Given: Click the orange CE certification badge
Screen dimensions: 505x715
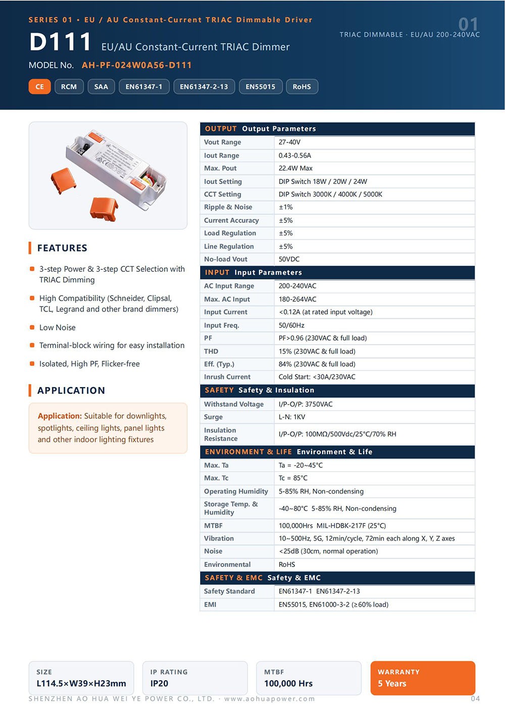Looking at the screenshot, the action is tap(39, 86).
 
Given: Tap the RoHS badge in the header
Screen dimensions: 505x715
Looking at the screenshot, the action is tap(302, 86).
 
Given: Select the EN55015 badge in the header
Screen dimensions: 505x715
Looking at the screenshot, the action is tap(260, 86).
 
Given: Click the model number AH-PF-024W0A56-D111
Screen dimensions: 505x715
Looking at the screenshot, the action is tap(136, 65).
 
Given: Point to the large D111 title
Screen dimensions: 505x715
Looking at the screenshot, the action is tap(60, 41).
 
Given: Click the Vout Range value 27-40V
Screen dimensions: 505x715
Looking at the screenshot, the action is tap(289, 142).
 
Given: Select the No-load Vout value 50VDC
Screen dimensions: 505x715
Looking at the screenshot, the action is tap(289, 259).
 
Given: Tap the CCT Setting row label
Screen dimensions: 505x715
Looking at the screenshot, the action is tap(222, 194).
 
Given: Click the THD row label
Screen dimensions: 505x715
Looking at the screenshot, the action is tap(211, 351).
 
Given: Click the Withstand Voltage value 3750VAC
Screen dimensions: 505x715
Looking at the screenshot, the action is tap(319, 404).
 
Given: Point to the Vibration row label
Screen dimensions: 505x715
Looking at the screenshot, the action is tap(219, 538).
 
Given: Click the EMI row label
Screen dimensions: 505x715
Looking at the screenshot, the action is tap(210, 604).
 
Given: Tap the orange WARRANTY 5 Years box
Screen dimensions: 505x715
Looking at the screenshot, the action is tap(423, 678).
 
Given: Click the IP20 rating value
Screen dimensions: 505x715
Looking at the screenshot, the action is tap(159, 683).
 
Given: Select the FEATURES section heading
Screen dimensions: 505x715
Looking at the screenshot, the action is tap(62, 248).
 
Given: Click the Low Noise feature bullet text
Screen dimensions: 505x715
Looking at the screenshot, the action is tap(58, 327).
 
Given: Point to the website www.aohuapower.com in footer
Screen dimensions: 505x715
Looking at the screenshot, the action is tap(269, 699).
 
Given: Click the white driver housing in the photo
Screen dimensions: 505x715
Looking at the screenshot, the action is tap(115, 169).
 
